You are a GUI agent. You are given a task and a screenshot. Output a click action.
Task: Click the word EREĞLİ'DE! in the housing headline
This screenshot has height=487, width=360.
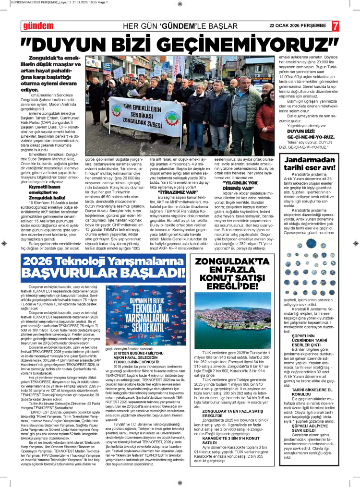232,285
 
